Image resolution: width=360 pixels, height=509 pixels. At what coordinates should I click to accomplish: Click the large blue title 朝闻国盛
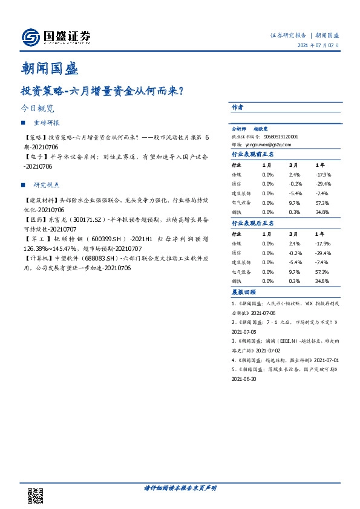[x=50, y=68]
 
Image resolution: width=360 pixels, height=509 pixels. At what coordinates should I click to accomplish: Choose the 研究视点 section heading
[x=47, y=185]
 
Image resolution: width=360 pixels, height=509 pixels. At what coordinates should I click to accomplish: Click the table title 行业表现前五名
[x=253, y=155]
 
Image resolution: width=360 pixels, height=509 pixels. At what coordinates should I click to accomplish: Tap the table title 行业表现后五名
[x=253, y=224]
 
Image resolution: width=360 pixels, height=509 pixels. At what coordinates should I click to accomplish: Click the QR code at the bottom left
[x=36, y=494]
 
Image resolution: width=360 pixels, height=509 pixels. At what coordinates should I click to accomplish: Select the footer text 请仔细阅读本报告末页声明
[x=180, y=487]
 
